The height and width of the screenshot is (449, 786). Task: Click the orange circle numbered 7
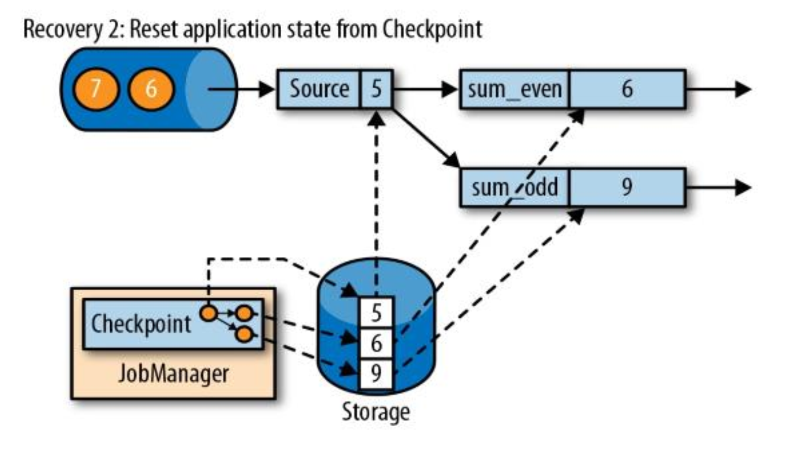coord(96,89)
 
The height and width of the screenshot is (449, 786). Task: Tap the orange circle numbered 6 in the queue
coord(151,89)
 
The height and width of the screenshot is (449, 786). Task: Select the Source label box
coord(319,89)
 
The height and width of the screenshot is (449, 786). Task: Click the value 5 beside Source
coord(376,89)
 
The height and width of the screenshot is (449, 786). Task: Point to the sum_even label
coord(514,89)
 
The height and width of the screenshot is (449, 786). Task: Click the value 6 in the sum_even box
coord(627,89)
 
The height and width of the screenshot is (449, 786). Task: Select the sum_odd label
coord(514,187)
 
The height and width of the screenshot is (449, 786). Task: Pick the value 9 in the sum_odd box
coord(627,187)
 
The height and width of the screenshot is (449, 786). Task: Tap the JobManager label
coord(173,374)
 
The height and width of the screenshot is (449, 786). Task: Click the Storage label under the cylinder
coord(376,412)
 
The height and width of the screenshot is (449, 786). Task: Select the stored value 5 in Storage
coord(376,313)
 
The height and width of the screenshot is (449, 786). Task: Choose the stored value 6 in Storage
coord(376,344)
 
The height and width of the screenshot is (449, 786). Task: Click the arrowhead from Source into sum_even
coord(450,89)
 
